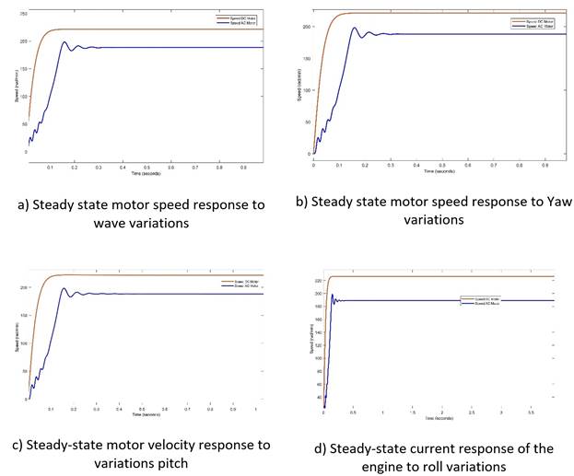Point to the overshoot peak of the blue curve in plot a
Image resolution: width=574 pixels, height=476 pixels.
pyautogui.click(x=64, y=41)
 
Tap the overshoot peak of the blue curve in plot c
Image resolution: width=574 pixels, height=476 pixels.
pyautogui.click(x=64, y=288)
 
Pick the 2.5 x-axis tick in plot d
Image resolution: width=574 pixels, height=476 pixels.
pyautogui.click(x=471, y=412)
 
